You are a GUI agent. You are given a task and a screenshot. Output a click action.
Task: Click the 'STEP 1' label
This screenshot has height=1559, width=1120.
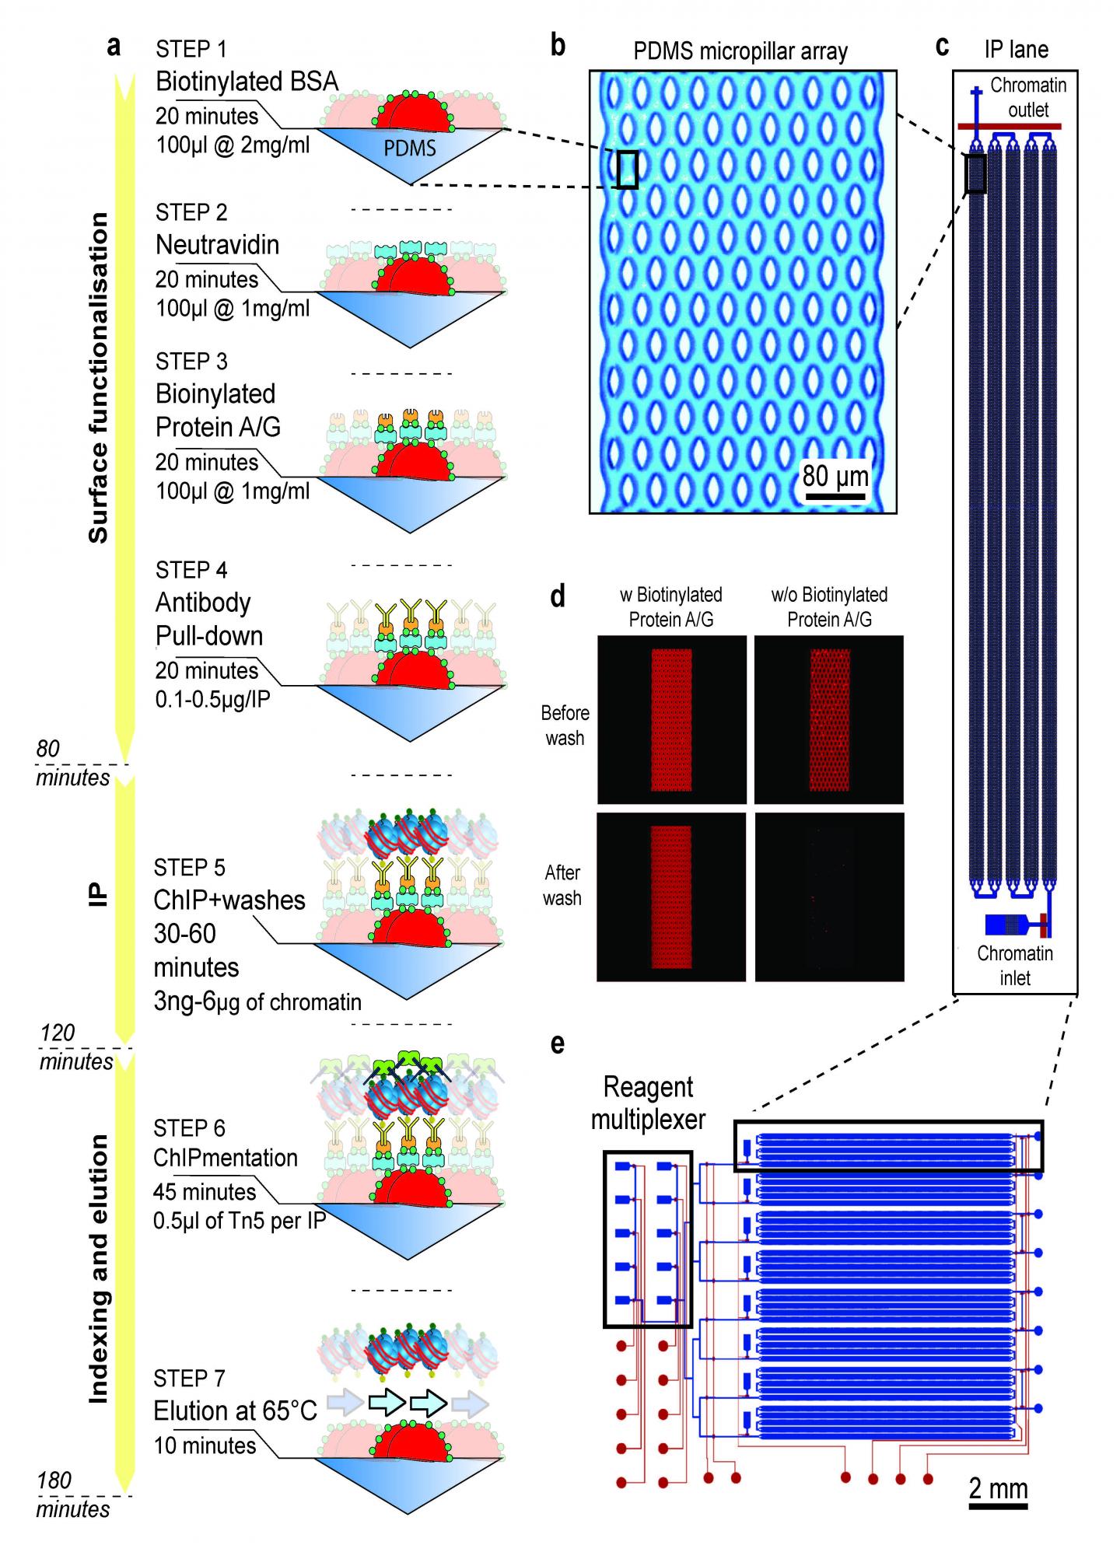pos(191,49)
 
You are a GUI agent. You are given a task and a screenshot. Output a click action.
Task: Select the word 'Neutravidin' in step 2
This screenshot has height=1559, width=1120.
pos(217,245)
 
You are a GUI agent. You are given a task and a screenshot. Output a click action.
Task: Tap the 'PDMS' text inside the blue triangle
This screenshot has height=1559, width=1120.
pos(410,148)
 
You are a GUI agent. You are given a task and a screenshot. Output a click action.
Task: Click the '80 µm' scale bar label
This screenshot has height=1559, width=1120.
pos(835,474)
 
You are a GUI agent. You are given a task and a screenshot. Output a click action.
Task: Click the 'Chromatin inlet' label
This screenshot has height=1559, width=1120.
pos(1015,965)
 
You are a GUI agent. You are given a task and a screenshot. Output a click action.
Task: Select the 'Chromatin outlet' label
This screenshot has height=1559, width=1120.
pos(1028,97)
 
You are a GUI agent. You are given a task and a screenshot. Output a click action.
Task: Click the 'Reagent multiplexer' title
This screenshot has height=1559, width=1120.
pos(648,1103)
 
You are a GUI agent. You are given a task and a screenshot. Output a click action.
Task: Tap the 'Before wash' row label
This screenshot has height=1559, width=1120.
pos(565,725)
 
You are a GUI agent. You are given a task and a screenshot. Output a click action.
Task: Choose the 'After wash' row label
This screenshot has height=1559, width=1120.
pos(562,885)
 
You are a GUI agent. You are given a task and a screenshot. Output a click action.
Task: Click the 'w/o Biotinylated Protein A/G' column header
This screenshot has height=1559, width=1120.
pos(829,606)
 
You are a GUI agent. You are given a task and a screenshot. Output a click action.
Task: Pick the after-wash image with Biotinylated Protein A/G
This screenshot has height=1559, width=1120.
pos(670,897)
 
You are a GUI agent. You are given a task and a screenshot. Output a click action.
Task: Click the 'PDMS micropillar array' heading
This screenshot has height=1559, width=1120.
pos(740,51)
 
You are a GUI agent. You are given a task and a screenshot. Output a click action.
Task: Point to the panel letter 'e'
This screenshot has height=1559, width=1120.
pos(557,1043)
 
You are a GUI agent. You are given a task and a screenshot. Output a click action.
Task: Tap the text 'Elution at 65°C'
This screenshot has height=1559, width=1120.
pos(235,1410)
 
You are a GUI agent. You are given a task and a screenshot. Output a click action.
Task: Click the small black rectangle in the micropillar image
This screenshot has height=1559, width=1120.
pos(627,170)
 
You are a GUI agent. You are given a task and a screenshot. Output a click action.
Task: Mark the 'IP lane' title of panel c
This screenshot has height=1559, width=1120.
pos(1016,49)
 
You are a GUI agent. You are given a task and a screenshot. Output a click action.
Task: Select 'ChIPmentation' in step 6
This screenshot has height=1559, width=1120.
pos(226,1158)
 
